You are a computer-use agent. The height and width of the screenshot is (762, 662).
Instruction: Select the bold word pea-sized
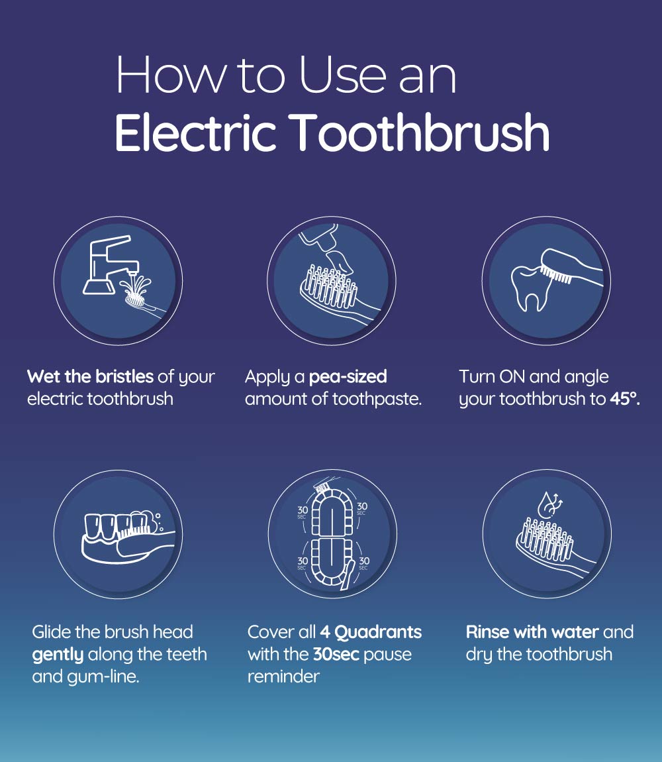(x=348, y=377)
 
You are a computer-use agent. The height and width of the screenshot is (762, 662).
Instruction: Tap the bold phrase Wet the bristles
(x=90, y=377)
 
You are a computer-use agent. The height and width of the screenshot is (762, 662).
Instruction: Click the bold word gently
(x=58, y=655)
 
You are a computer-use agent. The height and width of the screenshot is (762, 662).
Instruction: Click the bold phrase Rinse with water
(x=532, y=632)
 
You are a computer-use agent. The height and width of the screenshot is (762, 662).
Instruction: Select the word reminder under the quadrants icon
(x=283, y=677)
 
